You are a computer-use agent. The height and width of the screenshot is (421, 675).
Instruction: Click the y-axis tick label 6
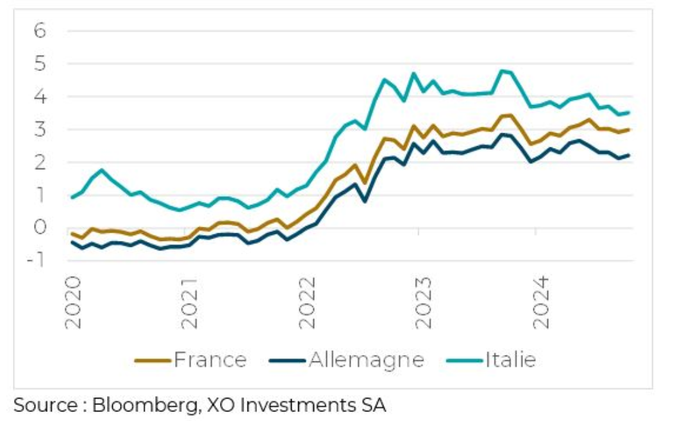pyautogui.click(x=40, y=31)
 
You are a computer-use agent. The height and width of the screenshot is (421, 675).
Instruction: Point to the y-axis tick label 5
pyautogui.click(x=40, y=64)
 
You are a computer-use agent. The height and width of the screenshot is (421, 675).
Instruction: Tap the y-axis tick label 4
pyautogui.click(x=40, y=97)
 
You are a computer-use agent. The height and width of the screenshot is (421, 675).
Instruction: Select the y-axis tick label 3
pyautogui.click(x=40, y=129)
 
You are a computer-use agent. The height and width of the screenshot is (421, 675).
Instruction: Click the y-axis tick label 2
pyautogui.click(x=40, y=163)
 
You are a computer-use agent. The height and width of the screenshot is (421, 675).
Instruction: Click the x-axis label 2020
pyautogui.click(x=74, y=303)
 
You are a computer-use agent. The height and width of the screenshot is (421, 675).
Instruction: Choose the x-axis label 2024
pyautogui.click(x=542, y=303)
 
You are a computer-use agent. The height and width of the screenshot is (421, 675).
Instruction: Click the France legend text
pyautogui.click(x=210, y=360)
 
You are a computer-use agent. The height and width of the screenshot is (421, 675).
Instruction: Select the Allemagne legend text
pyautogui.click(x=367, y=360)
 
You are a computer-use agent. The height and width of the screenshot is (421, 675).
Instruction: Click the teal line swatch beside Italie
pyautogui.click(x=461, y=361)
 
